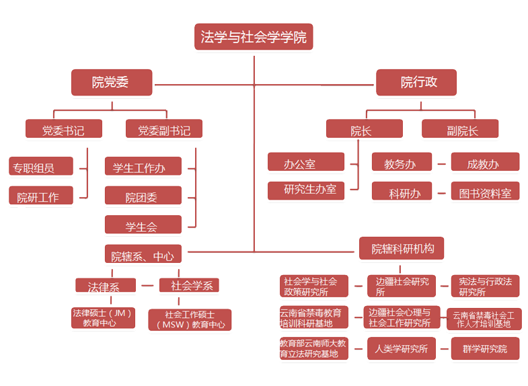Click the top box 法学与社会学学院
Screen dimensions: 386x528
coord(254,37)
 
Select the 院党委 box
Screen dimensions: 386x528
coord(110,82)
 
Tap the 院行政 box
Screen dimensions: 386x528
coord(416,82)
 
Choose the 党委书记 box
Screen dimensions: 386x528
coord(63,129)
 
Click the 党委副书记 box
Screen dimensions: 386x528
coord(164,129)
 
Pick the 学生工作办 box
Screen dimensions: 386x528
coord(143,167)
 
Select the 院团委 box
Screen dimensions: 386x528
coord(143,196)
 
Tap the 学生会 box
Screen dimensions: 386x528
coord(143,226)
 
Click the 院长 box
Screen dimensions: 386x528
coord(364,129)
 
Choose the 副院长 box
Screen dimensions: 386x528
coord(460,129)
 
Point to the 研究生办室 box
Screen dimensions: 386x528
coord(305,191)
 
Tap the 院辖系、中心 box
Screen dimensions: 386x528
coord(143,255)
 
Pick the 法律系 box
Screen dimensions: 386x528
coord(105,285)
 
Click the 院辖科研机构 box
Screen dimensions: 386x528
coord(402,249)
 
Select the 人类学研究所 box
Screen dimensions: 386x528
coord(402,348)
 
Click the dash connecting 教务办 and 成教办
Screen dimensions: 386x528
coord(441,163)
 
